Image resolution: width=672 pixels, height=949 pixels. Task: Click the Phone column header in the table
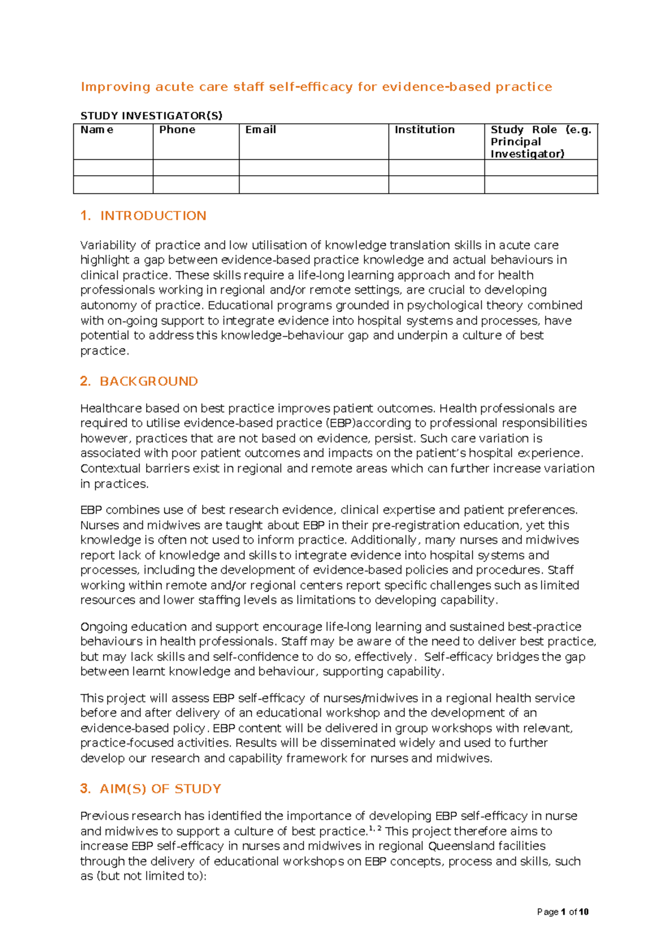pyautogui.click(x=177, y=130)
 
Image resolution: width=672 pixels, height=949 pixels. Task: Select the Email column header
pyautogui.click(x=260, y=130)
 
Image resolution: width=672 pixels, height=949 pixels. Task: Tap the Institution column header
pyautogui.click(x=424, y=130)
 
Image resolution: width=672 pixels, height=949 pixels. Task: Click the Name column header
pyautogui.click(x=97, y=130)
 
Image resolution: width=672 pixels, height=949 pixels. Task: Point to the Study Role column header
pyautogui.click(x=540, y=142)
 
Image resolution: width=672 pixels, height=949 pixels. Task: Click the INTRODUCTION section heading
pyautogui.click(x=152, y=216)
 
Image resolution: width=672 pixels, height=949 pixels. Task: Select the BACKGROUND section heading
pyautogui.click(x=148, y=382)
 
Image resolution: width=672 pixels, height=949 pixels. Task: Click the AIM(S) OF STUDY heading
pyautogui.click(x=160, y=789)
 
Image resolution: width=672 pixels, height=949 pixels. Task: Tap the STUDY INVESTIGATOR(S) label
pyautogui.click(x=151, y=116)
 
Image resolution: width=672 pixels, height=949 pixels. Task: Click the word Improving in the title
pyautogui.click(x=115, y=87)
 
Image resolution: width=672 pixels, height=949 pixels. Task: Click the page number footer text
pyautogui.click(x=562, y=912)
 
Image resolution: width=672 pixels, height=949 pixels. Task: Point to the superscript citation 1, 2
pyautogui.click(x=375, y=828)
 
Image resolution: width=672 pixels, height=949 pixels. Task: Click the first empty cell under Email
pyautogui.click(x=314, y=168)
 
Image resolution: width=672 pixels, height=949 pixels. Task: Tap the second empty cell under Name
pyautogui.click(x=113, y=185)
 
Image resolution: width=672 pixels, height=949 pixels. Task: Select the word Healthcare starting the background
pyautogui.click(x=111, y=408)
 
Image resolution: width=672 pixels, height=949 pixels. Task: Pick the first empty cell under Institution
pyautogui.click(x=436, y=168)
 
